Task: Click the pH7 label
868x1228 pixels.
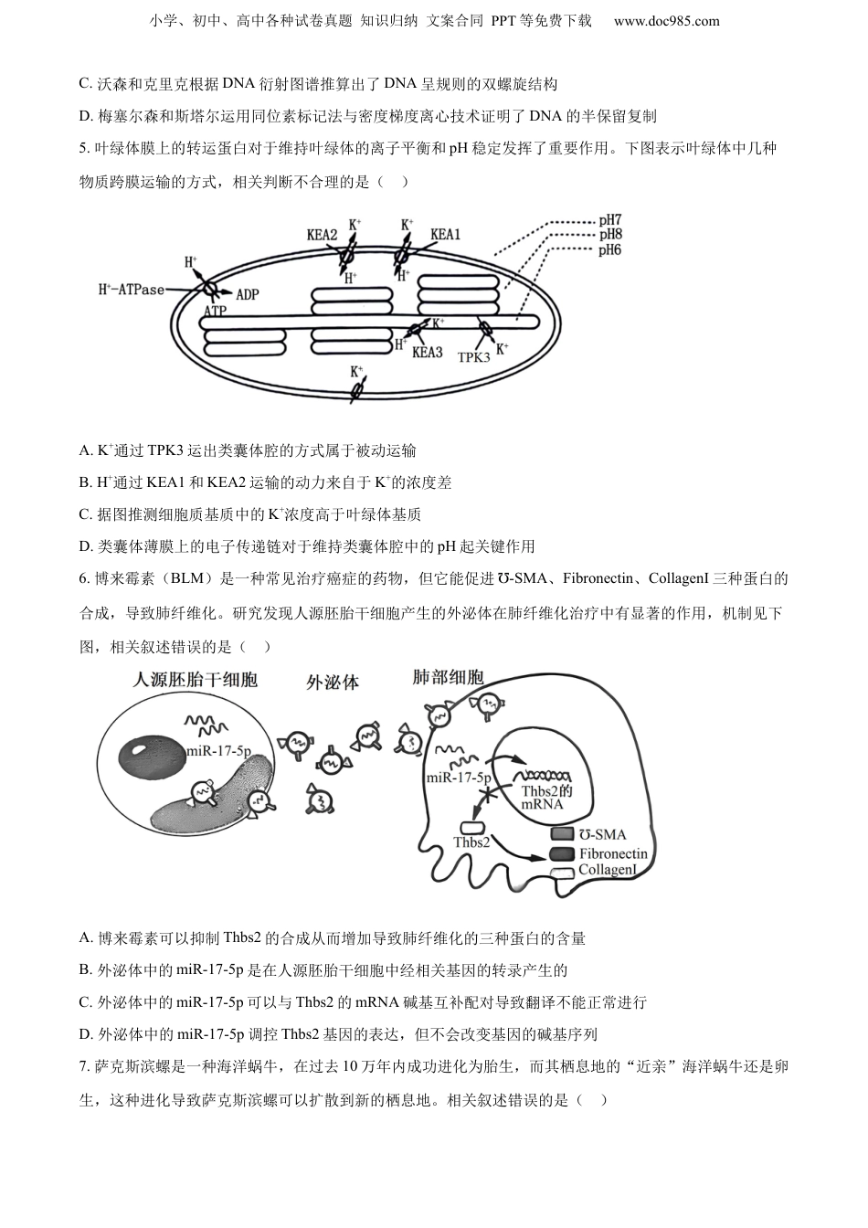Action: [610, 220]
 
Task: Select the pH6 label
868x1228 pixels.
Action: [610, 249]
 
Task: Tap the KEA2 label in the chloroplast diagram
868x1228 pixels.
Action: [322, 235]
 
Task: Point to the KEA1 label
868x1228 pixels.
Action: [445, 235]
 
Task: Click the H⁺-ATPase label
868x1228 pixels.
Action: [132, 290]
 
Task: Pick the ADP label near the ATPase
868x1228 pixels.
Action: [248, 294]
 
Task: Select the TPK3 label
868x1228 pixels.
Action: [474, 357]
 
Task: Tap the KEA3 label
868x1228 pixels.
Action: [427, 352]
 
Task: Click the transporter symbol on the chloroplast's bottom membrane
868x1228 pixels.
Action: [356, 389]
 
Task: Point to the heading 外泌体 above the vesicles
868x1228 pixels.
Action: [332, 682]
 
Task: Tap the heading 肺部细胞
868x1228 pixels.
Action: [449, 677]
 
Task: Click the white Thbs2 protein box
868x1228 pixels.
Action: [472, 827]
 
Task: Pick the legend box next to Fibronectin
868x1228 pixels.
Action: [562, 853]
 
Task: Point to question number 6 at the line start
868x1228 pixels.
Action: [85, 578]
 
